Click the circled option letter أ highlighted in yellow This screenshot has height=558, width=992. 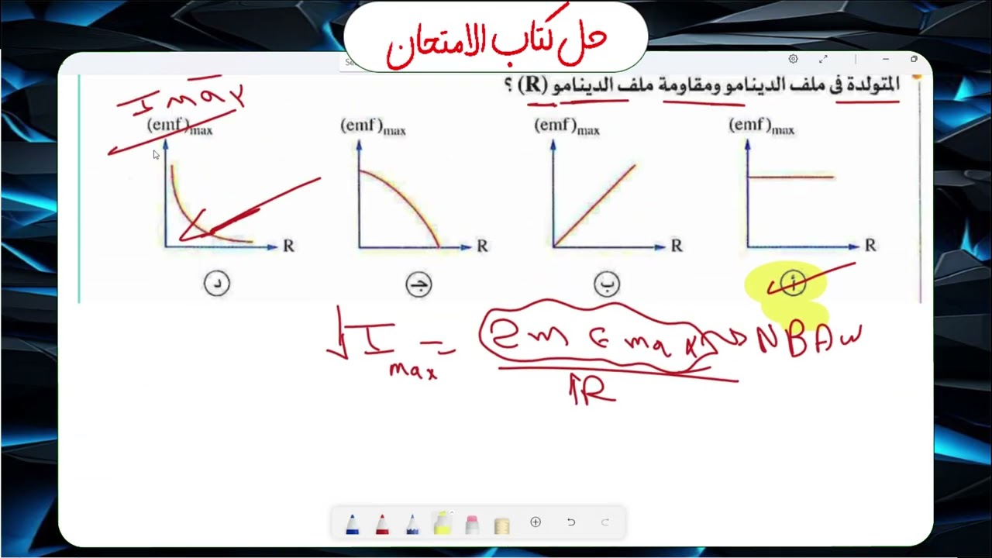point(792,284)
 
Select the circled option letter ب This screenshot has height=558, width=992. point(606,284)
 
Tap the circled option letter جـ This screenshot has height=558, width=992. point(418,285)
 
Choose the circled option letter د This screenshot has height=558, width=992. point(217,284)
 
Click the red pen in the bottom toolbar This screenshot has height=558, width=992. point(382,524)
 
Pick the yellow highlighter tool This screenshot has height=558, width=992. point(442,524)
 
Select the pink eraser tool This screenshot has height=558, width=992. point(472,524)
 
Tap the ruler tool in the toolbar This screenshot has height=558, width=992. point(501,525)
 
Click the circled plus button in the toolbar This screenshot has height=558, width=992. point(536,522)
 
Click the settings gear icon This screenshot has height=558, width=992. point(793,59)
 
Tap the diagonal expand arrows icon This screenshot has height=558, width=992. point(823,59)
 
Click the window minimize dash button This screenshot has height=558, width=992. point(885,59)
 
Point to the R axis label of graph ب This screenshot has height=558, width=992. point(677,246)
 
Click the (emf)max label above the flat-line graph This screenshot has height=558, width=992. point(761,126)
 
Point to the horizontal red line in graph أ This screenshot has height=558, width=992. point(790,177)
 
